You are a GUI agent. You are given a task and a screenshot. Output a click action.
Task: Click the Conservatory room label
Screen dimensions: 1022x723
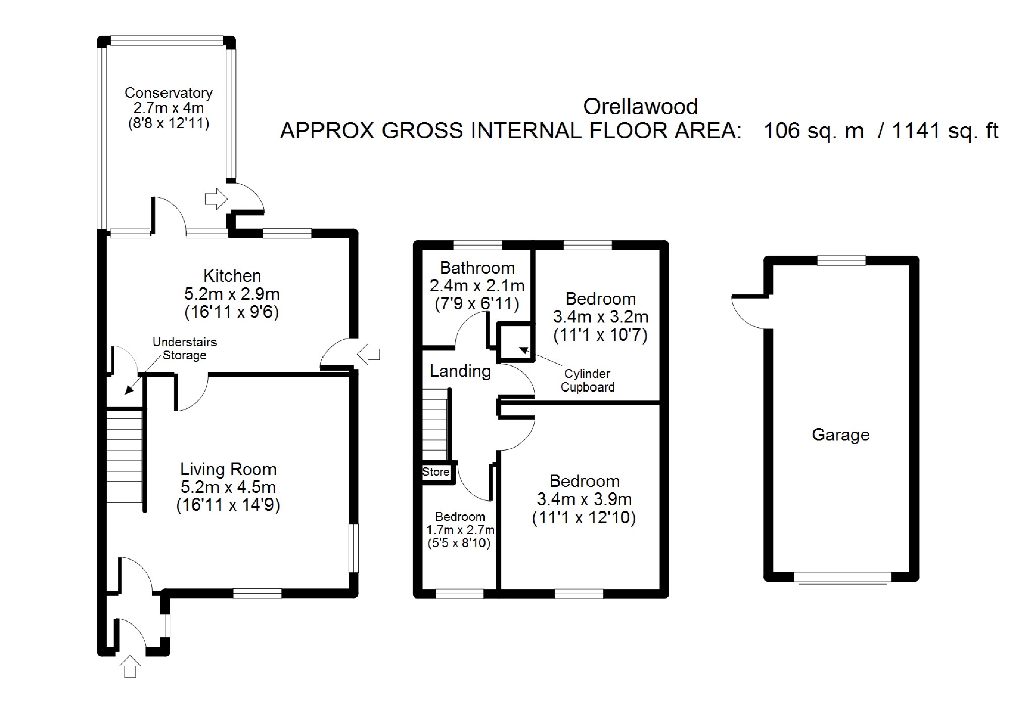coord(169,93)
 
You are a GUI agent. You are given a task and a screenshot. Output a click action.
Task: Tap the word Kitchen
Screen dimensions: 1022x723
coord(232,275)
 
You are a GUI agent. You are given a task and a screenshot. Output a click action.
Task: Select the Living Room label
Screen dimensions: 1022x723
coord(228,470)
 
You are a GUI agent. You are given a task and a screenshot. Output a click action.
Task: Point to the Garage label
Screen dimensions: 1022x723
coord(840,435)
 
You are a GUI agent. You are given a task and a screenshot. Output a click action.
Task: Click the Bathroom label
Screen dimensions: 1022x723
coord(477,268)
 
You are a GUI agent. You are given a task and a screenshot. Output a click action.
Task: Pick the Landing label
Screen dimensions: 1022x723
coord(460,371)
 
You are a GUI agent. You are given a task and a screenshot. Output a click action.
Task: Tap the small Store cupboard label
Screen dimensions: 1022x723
coord(436,472)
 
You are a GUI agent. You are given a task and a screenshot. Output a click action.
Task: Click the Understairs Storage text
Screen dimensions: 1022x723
coord(185,348)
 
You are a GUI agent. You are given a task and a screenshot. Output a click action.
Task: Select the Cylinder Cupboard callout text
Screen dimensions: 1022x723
coord(587,380)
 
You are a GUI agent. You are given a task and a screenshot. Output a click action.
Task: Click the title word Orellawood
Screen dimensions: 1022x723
coord(640,106)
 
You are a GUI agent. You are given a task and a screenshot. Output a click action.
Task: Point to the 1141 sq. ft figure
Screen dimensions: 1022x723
coord(945,131)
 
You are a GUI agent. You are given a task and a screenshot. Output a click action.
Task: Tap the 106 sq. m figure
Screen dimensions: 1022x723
coord(814,131)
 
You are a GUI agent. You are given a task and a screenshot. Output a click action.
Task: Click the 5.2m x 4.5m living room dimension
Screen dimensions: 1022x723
coord(228,487)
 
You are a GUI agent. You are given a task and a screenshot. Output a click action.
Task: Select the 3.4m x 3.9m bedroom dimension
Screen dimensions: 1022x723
coord(584,499)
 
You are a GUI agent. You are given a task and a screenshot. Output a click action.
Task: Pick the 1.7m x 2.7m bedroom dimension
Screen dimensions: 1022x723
coord(460,530)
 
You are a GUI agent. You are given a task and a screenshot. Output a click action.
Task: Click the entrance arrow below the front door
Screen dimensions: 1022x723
coord(130,666)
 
